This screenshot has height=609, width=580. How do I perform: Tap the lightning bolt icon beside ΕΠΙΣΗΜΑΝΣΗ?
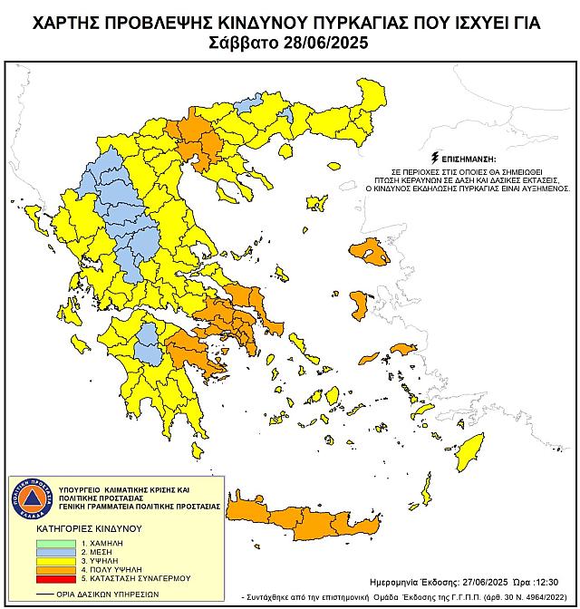point(438,157)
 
